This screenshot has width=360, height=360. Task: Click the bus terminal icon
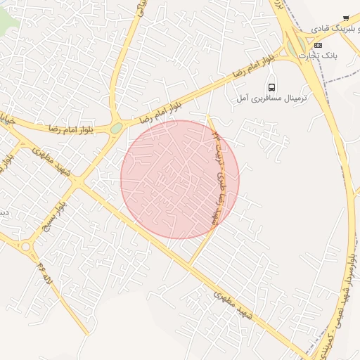point(272,87)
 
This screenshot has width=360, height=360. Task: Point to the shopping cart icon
point(345,18)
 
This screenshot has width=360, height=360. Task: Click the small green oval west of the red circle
point(116,128)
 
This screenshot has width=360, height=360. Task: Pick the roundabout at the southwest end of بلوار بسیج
point(27,247)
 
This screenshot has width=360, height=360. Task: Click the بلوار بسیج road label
point(54,214)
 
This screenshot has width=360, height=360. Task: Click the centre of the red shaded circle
point(180,179)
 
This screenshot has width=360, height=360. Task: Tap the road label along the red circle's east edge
point(219,165)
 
